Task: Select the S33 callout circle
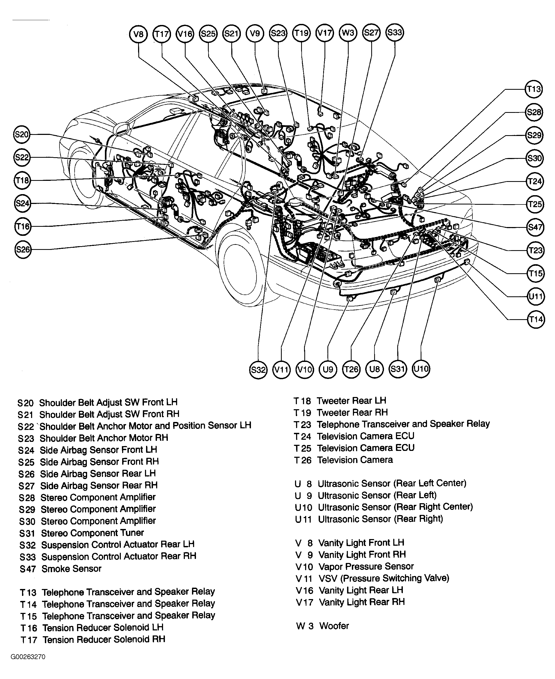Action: point(395,33)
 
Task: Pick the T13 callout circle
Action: point(534,89)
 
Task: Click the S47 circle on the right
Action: point(535,227)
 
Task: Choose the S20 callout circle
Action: point(22,135)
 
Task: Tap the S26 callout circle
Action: point(23,249)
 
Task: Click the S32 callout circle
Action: point(258,370)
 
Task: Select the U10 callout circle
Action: point(421,369)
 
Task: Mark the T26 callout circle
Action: point(351,370)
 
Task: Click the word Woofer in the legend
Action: point(334,626)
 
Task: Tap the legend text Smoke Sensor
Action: point(71,569)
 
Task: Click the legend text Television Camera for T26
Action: point(355,460)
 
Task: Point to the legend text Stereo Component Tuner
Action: point(92,533)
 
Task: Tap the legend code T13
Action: point(28,592)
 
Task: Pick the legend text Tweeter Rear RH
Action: point(352,412)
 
